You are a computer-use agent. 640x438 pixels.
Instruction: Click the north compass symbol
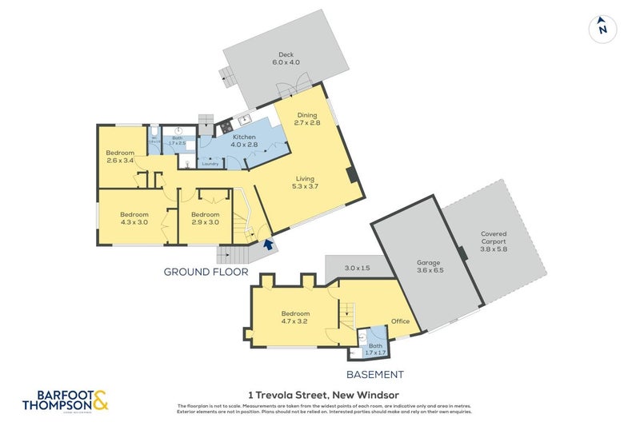pos(603,30)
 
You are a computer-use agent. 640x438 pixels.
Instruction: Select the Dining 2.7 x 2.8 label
pos(307,119)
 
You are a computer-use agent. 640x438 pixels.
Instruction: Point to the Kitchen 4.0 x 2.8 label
pos(243,141)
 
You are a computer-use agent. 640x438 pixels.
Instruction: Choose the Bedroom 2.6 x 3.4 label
pos(121,156)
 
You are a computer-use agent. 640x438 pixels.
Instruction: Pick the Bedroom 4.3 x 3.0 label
pos(134,218)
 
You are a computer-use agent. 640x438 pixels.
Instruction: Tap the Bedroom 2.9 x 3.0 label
pos(205,218)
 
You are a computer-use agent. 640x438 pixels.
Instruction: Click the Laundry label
pos(210,164)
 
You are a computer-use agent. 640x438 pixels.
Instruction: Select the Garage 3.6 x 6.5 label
pos(430,267)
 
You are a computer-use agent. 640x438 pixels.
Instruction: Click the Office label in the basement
pos(400,321)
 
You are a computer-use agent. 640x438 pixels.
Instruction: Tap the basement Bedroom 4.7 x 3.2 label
pos(295,317)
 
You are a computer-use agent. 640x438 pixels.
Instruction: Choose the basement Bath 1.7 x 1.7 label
pos(375,348)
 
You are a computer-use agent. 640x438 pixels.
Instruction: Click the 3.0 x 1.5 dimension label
pos(357,268)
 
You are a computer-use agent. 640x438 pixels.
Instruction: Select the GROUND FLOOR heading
pos(206,272)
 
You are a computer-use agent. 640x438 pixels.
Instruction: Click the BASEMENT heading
pos(374,374)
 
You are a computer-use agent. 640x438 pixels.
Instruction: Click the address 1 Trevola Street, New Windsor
pos(323,395)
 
